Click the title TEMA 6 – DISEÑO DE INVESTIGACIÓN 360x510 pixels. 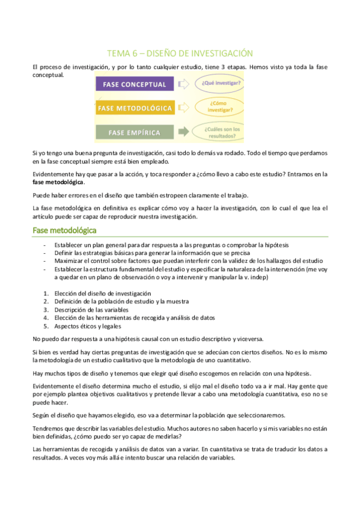click(x=180, y=53)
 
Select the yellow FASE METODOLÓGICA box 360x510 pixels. click(x=134, y=108)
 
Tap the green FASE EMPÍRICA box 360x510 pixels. click(x=134, y=132)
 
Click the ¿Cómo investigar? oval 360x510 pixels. click(x=220, y=108)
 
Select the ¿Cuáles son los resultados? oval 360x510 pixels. click(x=222, y=132)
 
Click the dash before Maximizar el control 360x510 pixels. click(x=46, y=261)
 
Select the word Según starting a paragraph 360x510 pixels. click(x=40, y=416)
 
